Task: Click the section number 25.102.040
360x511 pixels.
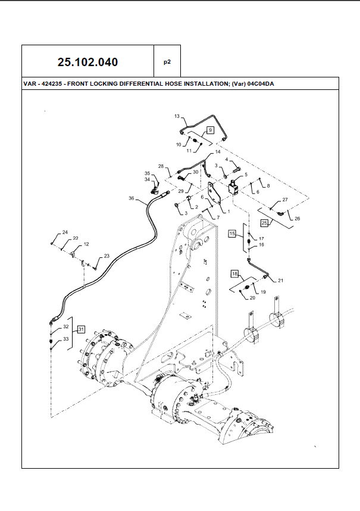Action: [87, 62]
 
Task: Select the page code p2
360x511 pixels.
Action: [167, 61]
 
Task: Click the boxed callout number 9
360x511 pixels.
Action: [210, 129]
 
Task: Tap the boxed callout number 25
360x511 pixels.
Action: [264, 222]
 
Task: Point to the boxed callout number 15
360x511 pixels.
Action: [233, 235]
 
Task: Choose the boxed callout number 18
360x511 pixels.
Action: [235, 273]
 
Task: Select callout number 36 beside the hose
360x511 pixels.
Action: [132, 198]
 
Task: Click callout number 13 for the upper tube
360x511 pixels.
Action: [177, 116]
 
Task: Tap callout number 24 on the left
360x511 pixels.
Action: [65, 232]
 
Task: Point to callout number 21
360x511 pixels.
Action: [281, 280]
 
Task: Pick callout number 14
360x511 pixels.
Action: [209, 152]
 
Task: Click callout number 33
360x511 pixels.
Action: [66, 338]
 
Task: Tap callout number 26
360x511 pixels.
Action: [298, 219]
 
